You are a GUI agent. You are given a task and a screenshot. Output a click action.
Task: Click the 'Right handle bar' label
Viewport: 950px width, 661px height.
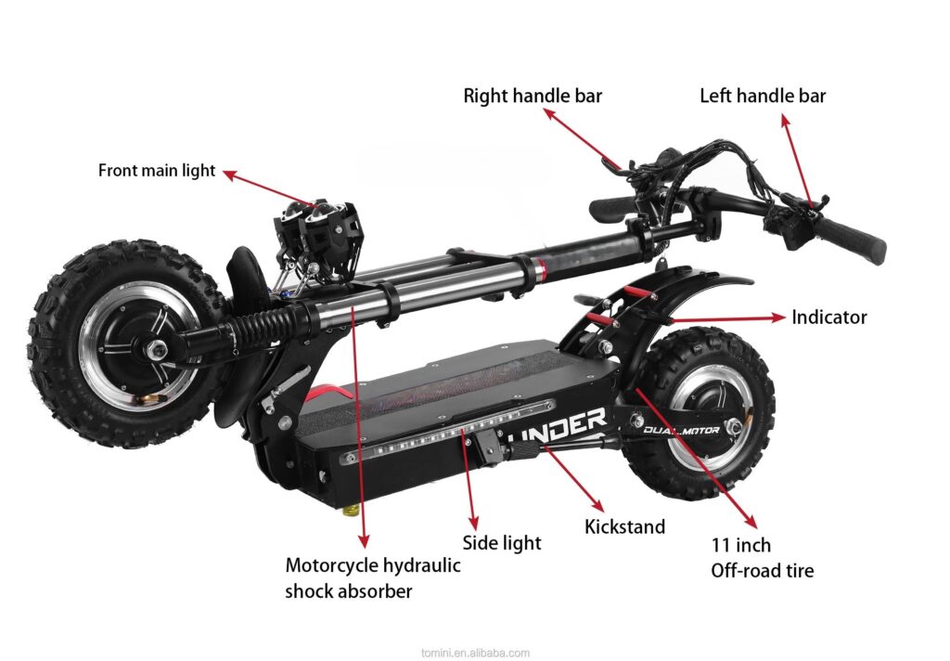pos(533,96)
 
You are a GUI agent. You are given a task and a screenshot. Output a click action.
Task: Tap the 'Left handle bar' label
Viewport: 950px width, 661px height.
pos(763,96)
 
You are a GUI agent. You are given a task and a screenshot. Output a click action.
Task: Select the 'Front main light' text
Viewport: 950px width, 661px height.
pos(157,171)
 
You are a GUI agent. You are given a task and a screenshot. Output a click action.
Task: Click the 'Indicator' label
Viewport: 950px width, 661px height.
pos(828,318)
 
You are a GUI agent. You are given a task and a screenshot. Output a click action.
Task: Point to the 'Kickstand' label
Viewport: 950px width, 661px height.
pos(624,527)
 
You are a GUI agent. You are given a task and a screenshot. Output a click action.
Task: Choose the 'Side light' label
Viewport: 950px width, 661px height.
pos(502,543)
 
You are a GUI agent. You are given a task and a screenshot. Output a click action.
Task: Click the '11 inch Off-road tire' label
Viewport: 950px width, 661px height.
pos(762,558)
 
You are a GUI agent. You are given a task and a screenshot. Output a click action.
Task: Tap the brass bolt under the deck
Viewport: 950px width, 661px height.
pos(353,511)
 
